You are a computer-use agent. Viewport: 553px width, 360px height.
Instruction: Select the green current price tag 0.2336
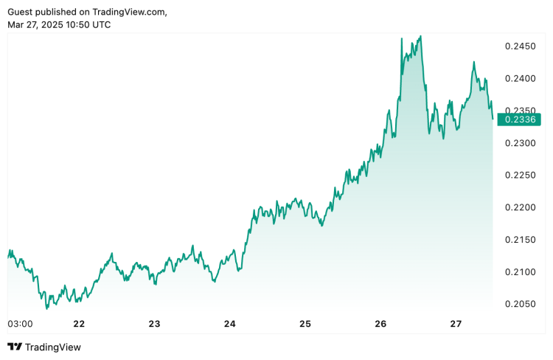pyautogui.click(x=520, y=119)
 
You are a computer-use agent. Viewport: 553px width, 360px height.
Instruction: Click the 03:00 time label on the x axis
pyautogui.click(x=19, y=324)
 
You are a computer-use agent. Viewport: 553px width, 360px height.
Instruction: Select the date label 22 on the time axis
pyautogui.click(x=79, y=324)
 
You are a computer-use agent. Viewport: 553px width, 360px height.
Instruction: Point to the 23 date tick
pyautogui.click(x=154, y=324)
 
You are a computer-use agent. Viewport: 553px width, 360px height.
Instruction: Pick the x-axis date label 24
pyautogui.click(x=230, y=324)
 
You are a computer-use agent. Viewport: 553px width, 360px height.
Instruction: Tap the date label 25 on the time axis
pyautogui.click(x=305, y=324)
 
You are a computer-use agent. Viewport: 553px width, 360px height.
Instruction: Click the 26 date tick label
pyautogui.click(x=380, y=324)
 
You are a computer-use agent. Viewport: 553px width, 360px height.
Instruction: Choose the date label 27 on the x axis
pyautogui.click(x=456, y=324)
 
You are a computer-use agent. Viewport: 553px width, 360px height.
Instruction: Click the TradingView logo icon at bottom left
pyautogui.click(x=14, y=347)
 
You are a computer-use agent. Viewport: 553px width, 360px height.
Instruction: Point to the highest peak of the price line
pyautogui.click(x=420, y=36)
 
